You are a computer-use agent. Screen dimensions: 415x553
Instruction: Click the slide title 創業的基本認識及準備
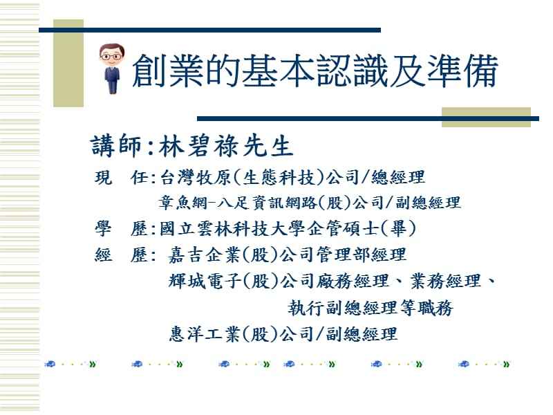[x=313, y=71]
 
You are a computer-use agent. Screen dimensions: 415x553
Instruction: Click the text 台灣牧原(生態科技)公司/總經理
[x=291, y=178]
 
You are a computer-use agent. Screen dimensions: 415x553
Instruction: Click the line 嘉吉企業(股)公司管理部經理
[x=288, y=255]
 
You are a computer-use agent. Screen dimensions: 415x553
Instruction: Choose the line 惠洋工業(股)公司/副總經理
[x=283, y=334]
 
